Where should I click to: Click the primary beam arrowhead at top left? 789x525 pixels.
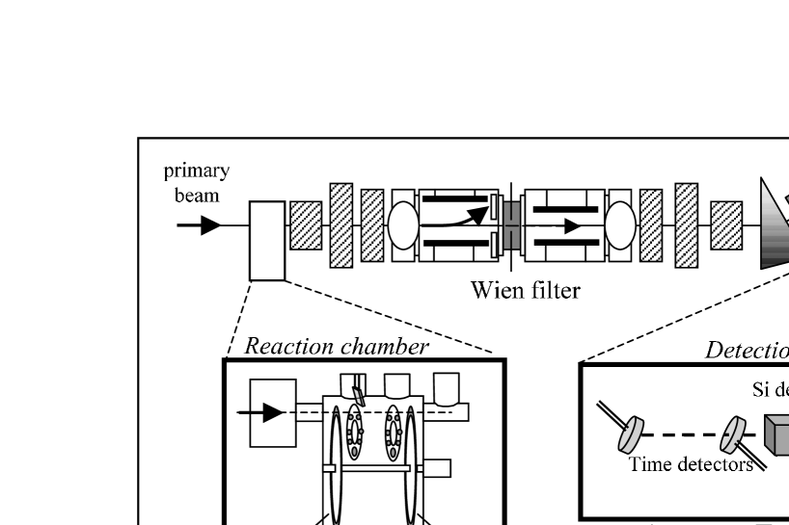[x=210, y=225]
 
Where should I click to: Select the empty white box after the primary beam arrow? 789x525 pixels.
[x=267, y=240]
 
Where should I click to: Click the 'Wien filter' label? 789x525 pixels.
[x=525, y=289]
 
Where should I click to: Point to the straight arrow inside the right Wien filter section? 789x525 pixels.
[x=569, y=225]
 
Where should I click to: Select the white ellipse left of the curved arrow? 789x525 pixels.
[x=403, y=225]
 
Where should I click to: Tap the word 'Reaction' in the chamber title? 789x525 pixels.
[x=286, y=347]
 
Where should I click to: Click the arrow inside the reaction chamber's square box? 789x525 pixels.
[x=274, y=412]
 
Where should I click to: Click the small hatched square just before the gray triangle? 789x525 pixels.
[x=726, y=224]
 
